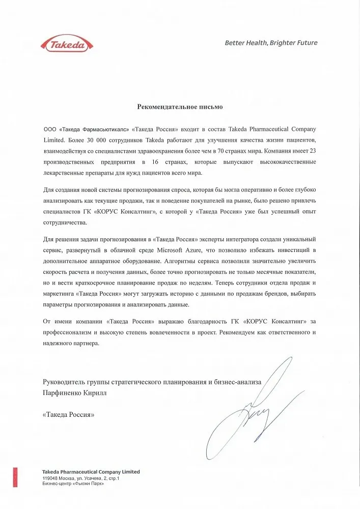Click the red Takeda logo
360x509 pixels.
[x=66, y=44]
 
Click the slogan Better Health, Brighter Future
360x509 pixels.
[x=271, y=43]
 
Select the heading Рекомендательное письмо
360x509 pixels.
[x=180, y=107]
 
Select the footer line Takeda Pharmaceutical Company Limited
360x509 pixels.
[x=91, y=472]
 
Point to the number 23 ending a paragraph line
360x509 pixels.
[x=311, y=151]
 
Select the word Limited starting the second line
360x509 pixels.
[x=53, y=139]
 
